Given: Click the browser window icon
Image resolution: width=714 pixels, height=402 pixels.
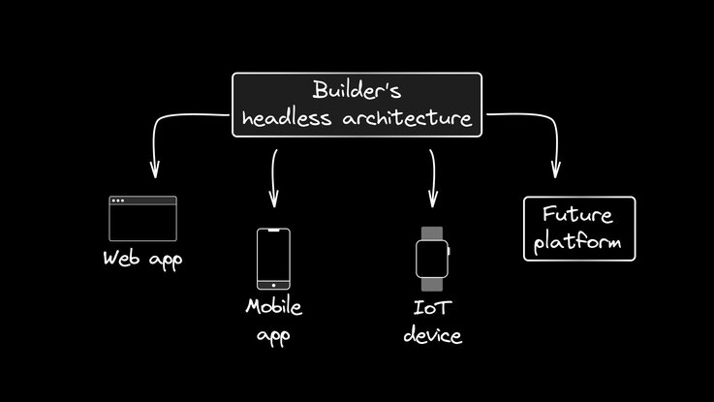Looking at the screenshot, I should point(143,220).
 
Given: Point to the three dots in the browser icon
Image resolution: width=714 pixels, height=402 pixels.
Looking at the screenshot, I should point(118,201).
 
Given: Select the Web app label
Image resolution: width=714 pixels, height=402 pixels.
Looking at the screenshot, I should point(142,259).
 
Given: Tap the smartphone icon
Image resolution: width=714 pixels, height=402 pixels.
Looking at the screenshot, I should point(273,259).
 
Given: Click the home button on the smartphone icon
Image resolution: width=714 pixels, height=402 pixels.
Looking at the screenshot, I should point(273,284).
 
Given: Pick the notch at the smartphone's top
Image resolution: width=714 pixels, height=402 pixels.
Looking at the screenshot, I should point(273,231).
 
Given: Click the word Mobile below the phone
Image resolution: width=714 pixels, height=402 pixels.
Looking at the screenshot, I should point(273,307).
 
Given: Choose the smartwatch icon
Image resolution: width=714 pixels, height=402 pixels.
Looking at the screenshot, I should point(432,259).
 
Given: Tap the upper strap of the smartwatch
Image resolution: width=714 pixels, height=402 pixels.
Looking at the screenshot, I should point(432,232).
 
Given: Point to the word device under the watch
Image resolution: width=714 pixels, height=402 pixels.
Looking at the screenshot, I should point(433,336).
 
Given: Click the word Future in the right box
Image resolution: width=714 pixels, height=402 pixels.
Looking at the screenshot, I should point(579,214).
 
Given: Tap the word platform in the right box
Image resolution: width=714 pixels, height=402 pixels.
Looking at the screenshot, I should point(579,241).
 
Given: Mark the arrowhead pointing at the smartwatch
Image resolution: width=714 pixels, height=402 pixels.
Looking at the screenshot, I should point(432,201).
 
